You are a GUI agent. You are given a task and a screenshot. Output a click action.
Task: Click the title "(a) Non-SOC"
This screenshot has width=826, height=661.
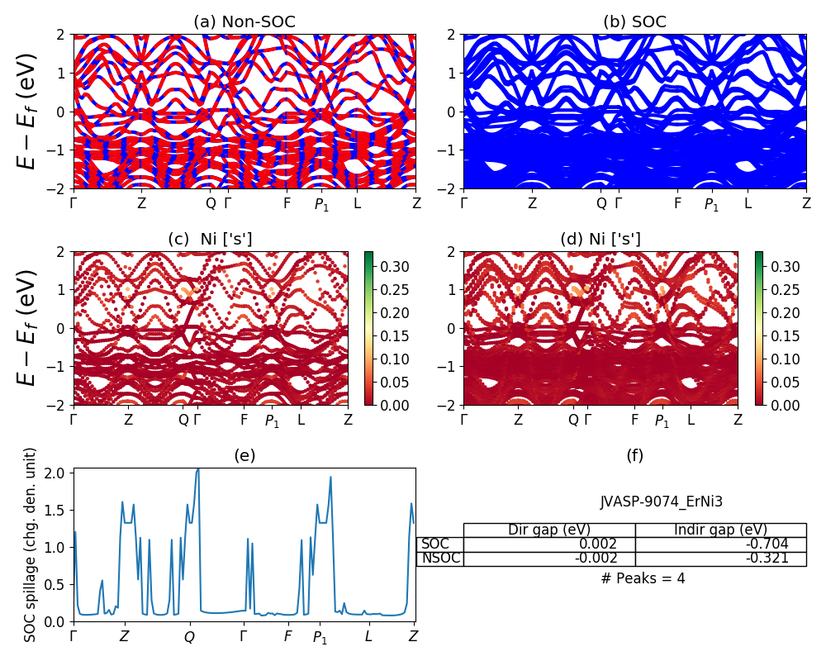[244, 22]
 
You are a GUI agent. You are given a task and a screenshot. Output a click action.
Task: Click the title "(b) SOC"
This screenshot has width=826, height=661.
[635, 22]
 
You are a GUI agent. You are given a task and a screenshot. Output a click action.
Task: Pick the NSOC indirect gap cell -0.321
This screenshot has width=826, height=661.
[764, 559]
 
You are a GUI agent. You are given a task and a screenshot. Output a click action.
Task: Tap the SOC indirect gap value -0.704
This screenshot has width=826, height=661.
[764, 544]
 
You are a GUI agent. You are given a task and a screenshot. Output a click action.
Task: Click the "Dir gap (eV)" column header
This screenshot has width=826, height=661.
[549, 530]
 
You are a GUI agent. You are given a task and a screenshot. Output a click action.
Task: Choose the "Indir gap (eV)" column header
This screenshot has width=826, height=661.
[720, 530]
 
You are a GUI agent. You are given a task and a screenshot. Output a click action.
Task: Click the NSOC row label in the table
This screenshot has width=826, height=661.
[440, 559]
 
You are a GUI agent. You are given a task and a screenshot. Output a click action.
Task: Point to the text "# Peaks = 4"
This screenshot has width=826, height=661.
[643, 578]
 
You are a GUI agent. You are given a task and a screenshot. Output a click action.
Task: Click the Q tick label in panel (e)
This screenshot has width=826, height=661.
[189, 637]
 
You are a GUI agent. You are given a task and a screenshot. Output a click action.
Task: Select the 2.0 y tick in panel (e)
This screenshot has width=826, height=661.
[56, 473]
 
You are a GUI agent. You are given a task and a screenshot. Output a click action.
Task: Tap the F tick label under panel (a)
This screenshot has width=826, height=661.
[287, 203]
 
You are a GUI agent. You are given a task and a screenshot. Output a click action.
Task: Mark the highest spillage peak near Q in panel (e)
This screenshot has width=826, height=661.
[197, 469]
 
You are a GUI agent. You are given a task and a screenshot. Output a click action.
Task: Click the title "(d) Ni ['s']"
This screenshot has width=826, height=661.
[601, 240]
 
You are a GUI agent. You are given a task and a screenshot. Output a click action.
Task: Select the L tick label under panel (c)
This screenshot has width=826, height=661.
[301, 420]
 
